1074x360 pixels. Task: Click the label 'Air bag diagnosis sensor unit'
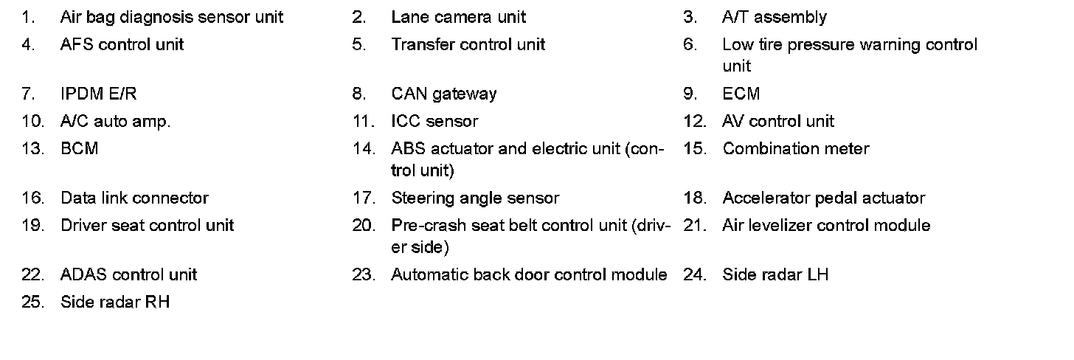tap(171, 17)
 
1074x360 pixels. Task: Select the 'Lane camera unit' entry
tap(458, 17)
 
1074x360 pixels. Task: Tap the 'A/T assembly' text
tap(774, 17)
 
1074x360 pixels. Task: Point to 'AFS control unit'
tap(122, 44)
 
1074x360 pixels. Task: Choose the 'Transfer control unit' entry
tap(468, 44)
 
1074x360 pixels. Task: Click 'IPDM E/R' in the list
tap(98, 94)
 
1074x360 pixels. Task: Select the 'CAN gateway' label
tap(443, 94)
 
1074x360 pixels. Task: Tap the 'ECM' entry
tap(741, 94)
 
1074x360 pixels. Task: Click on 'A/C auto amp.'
tap(115, 121)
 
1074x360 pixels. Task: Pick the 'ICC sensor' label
tap(434, 121)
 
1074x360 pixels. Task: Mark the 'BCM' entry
tap(79, 148)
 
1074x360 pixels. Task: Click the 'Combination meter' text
tap(795, 148)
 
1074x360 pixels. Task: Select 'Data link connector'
tap(134, 198)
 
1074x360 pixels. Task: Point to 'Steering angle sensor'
tap(475, 198)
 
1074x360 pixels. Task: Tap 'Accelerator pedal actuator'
tap(823, 198)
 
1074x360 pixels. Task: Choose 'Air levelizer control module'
tap(826, 225)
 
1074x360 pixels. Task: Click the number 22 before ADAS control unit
tap(32, 274)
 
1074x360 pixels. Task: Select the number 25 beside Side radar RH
tap(32, 302)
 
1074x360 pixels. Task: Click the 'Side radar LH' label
tap(775, 274)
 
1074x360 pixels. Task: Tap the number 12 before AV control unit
tap(695, 121)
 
